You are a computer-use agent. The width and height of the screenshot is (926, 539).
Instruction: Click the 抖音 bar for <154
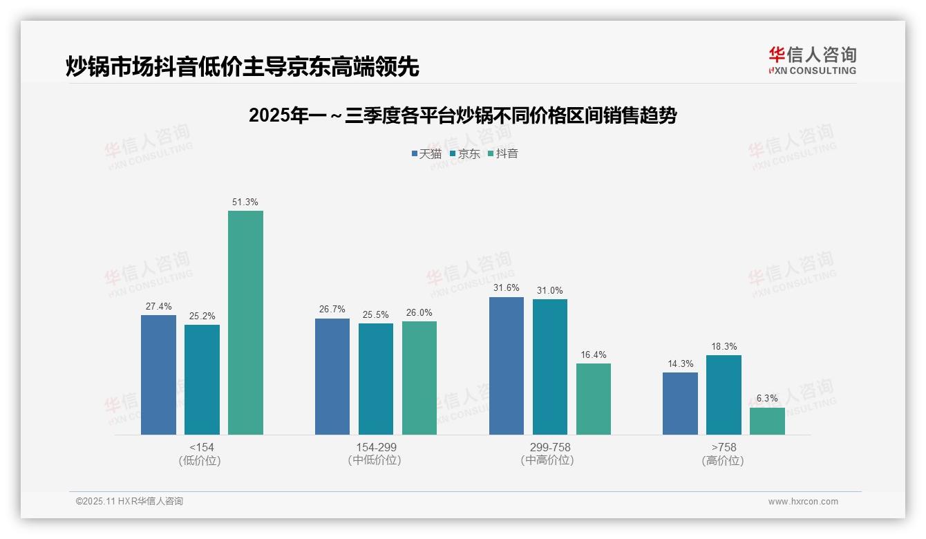[245, 323]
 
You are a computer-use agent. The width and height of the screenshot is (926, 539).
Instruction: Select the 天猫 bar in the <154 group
[158, 375]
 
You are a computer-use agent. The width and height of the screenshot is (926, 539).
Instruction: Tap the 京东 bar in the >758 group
[724, 395]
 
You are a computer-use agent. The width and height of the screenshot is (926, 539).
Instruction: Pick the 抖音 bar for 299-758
[594, 399]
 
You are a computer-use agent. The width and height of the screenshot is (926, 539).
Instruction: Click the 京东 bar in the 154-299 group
[376, 379]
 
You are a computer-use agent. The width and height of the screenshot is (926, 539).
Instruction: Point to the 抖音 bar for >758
[767, 421]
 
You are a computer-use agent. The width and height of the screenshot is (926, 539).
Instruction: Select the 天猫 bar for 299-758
[507, 366]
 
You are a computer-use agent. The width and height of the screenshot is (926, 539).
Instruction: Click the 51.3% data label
[245, 202]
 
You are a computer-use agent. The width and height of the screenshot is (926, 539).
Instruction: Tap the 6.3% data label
[767, 399]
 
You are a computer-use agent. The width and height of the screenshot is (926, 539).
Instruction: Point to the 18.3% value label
[724, 347]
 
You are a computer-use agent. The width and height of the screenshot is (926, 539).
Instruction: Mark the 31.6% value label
[507, 288]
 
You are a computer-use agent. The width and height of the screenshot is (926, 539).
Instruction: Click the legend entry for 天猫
[426, 154]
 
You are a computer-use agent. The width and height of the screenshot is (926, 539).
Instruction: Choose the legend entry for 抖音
[503, 154]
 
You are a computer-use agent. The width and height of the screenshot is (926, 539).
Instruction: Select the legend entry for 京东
[464, 154]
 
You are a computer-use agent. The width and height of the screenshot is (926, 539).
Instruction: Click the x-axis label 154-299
[376, 447]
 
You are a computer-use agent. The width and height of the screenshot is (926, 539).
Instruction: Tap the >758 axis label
[724, 447]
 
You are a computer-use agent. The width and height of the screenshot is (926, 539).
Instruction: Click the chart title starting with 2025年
[462, 115]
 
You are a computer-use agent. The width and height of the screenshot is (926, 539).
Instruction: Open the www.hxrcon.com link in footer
[803, 502]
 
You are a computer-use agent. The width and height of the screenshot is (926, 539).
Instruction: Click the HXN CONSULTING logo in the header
[812, 61]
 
